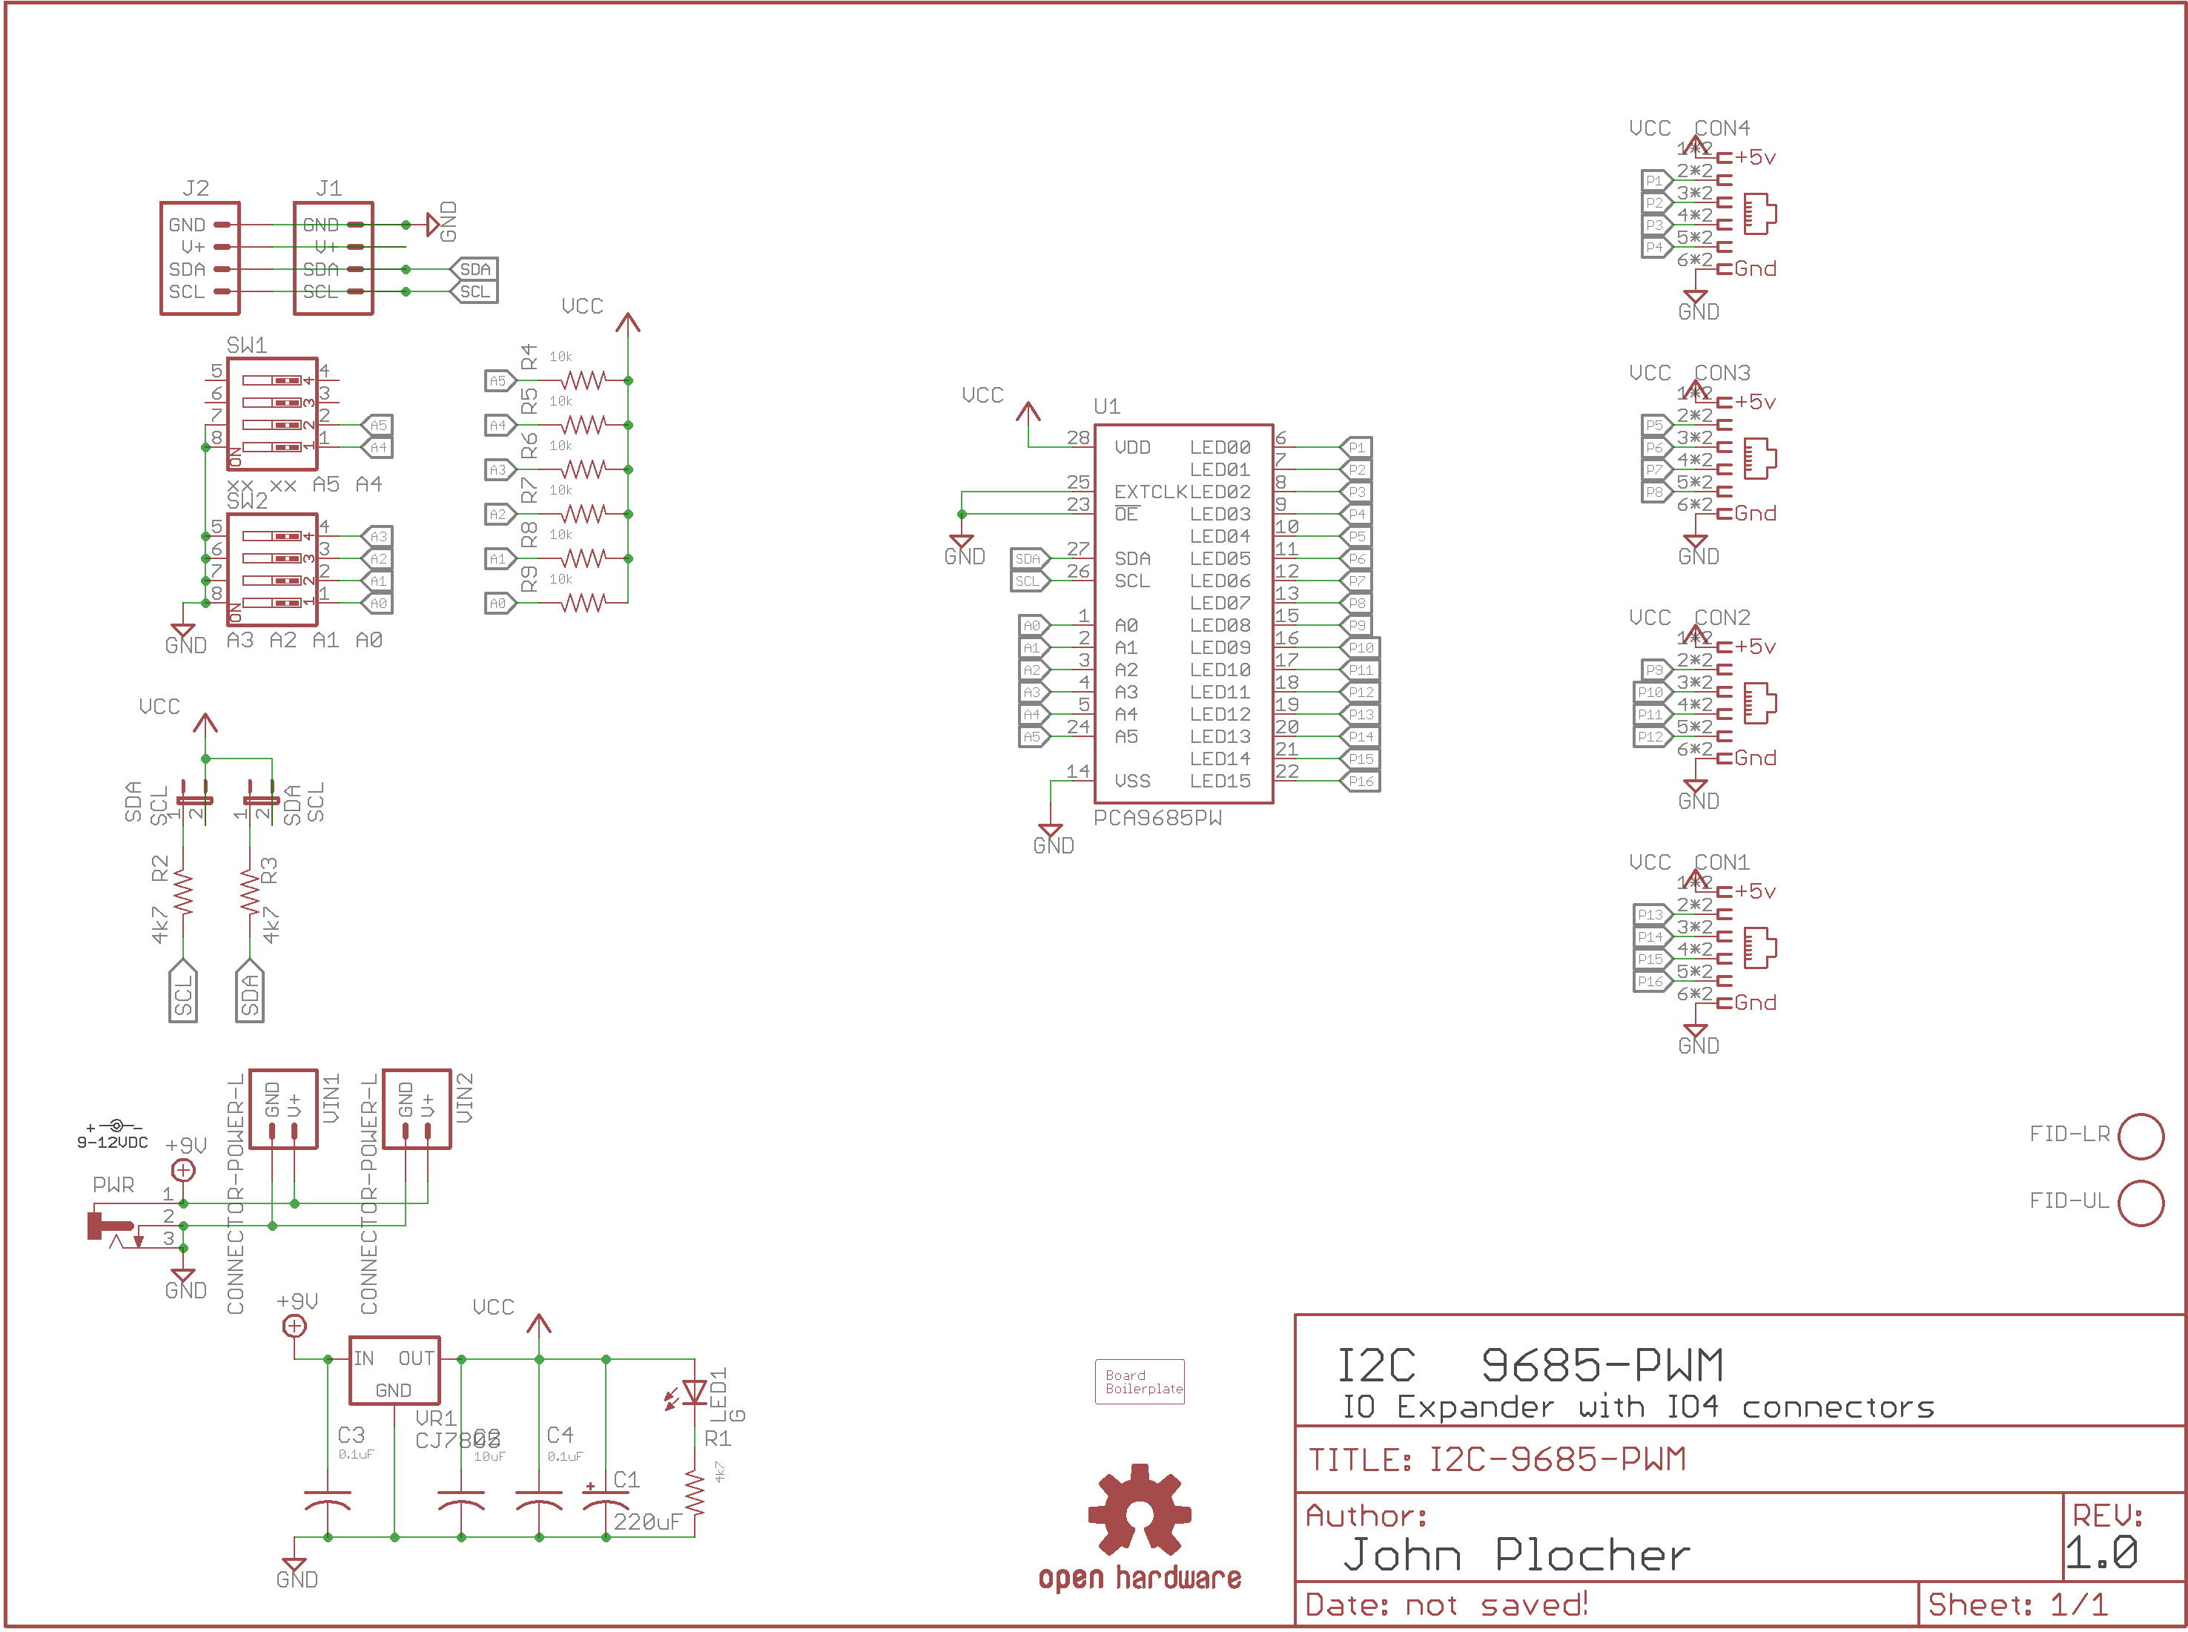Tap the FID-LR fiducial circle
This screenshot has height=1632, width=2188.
[x=2141, y=1136]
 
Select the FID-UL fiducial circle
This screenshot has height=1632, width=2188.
[x=2141, y=1203]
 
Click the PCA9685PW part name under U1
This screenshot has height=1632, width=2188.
[x=1157, y=818]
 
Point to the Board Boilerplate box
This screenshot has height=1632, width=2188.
[x=1139, y=1381]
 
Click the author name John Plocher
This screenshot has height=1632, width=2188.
[x=1516, y=1555]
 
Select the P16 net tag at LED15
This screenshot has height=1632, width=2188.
[x=1361, y=782]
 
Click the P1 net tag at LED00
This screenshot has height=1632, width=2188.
[x=1356, y=448]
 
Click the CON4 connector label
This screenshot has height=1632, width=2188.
[x=1721, y=128]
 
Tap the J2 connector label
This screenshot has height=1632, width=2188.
[x=196, y=188]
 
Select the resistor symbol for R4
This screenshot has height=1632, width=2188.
[x=583, y=380]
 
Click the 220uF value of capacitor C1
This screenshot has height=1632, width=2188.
[x=647, y=1522]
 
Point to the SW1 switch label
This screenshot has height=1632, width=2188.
[x=246, y=345]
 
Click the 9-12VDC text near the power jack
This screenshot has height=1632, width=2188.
[x=113, y=1143]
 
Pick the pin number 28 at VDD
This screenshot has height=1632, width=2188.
[x=1078, y=437]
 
